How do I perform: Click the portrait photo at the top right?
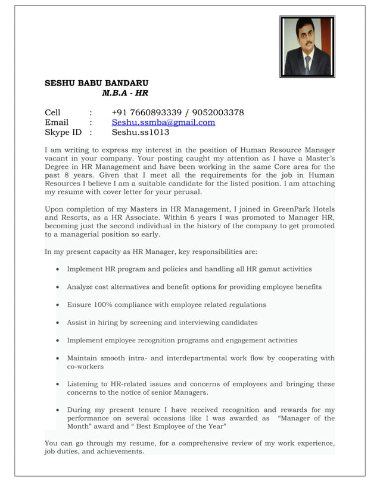pyautogui.click(x=307, y=46)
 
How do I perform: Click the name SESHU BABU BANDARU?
pyautogui.click(x=97, y=83)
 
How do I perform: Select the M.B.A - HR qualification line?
pyautogui.click(x=125, y=93)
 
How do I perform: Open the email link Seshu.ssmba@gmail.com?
pyautogui.click(x=163, y=122)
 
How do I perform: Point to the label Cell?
pyautogui.click(x=53, y=112)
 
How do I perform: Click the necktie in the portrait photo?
pyautogui.click(x=308, y=62)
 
